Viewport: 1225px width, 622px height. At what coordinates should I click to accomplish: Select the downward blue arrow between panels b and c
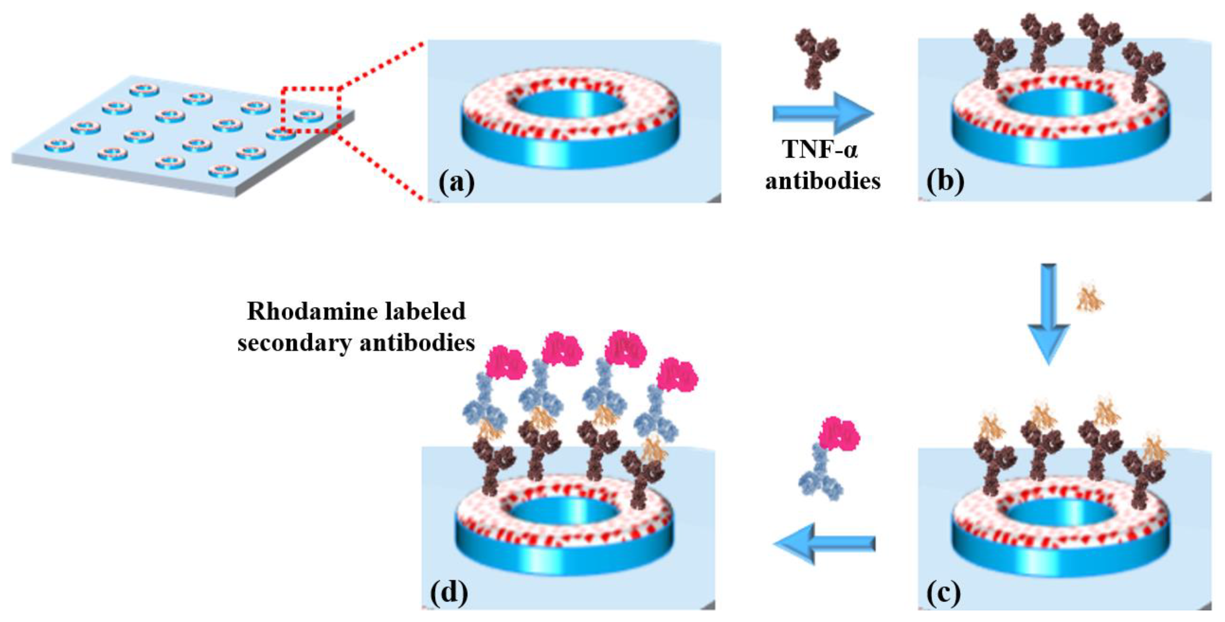coord(1048,314)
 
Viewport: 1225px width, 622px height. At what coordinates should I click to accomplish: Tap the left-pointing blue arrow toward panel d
coord(825,543)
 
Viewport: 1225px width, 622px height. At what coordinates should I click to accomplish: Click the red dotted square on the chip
coord(310,108)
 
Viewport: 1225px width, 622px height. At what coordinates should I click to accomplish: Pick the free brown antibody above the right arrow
coord(817,57)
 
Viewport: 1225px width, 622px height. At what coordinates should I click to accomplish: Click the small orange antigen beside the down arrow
coord(1090,298)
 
